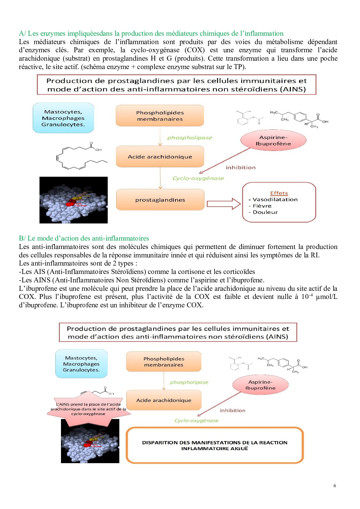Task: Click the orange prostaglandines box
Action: (160, 200)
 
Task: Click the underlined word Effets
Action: (279, 193)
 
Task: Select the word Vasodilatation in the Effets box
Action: (275, 200)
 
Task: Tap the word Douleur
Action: (265, 212)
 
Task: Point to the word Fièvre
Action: (262, 206)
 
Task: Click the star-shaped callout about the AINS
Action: (88, 409)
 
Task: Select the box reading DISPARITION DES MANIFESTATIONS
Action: (215, 445)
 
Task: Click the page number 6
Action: (335, 485)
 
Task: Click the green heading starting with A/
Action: (151, 34)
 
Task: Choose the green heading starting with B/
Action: (84, 238)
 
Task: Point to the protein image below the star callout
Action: (90, 441)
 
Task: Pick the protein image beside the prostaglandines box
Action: (73, 200)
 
